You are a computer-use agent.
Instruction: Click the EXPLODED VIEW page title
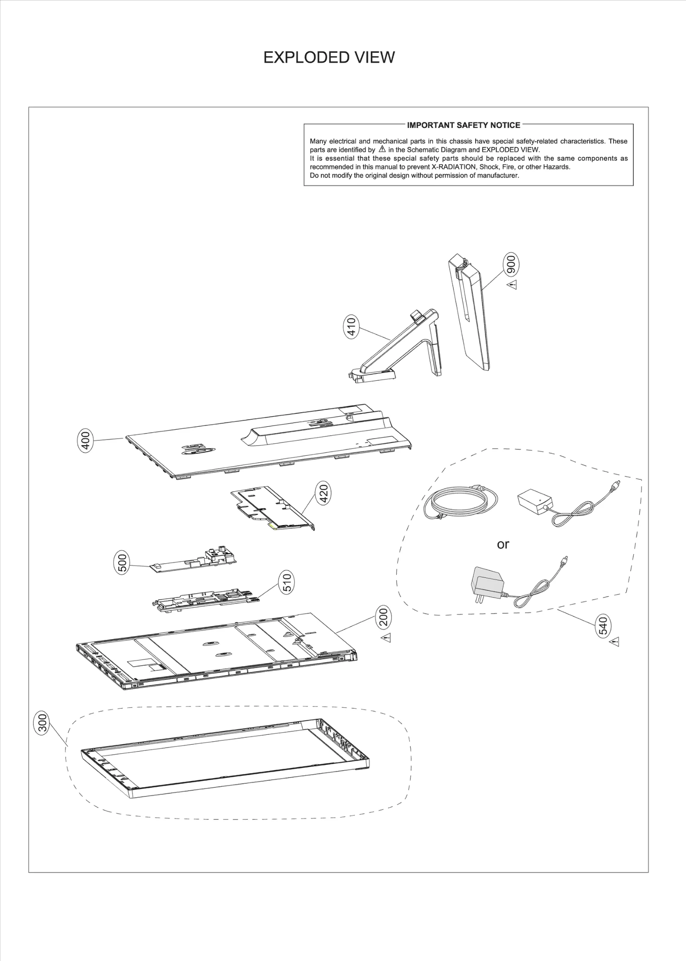(x=329, y=57)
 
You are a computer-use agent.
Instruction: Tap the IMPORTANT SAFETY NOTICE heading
(x=463, y=125)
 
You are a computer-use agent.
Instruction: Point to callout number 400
(x=86, y=440)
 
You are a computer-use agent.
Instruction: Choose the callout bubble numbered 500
(x=122, y=563)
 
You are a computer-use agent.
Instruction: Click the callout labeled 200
(x=383, y=617)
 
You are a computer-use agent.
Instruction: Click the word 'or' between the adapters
(x=503, y=544)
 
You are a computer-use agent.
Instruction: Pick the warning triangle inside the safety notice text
(x=382, y=149)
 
